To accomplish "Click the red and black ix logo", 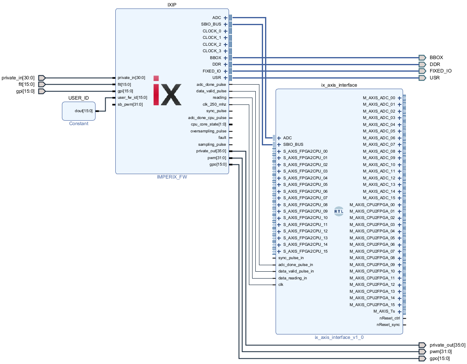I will (167, 90).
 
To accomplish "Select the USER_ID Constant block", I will (79, 111).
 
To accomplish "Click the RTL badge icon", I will (339, 211).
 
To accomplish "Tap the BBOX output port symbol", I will (422, 58).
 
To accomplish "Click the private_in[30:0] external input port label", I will (18, 78).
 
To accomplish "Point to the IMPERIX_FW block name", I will (172, 177).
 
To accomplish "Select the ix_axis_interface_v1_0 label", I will (339, 337).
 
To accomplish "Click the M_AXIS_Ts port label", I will (384, 311).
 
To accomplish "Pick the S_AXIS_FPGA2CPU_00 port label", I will (305, 151).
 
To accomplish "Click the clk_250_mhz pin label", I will (214, 104).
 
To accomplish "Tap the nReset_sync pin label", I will (388, 325).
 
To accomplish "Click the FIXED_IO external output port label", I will (441, 71).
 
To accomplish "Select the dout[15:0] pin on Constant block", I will (84, 111).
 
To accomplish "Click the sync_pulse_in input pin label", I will (291, 258).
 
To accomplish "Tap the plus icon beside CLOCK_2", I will (225, 45).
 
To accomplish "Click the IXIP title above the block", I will (172, 5).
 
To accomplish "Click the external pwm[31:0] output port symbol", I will (422, 351).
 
